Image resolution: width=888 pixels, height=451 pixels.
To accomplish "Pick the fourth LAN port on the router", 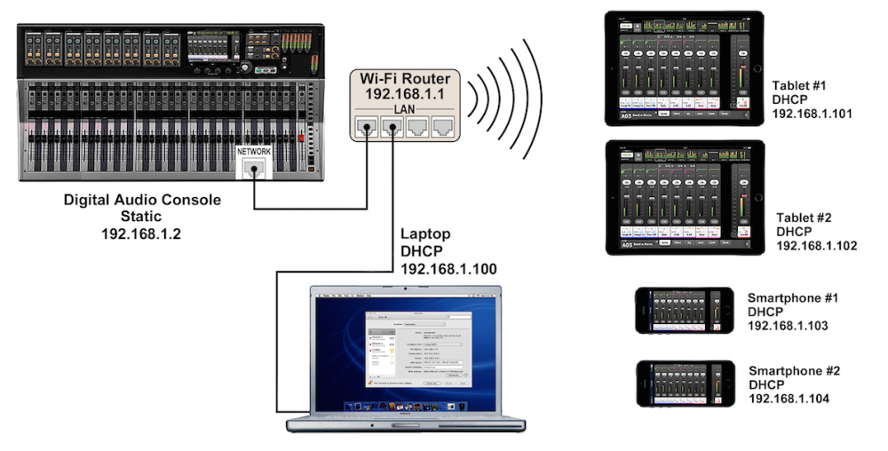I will click(x=441, y=126).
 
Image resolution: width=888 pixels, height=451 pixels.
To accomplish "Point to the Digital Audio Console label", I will click(x=142, y=200).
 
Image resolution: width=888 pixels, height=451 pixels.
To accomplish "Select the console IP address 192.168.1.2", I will click(x=142, y=233).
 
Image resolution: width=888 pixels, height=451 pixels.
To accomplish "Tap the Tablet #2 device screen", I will click(x=683, y=197).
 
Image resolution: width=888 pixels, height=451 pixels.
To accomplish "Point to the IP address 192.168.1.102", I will click(x=816, y=246).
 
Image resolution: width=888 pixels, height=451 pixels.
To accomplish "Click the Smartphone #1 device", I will click(x=684, y=311).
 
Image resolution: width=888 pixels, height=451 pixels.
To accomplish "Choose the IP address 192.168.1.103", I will click(x=788, y=326).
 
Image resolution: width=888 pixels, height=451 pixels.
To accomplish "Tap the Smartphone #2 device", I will click(x=684, y=384).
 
